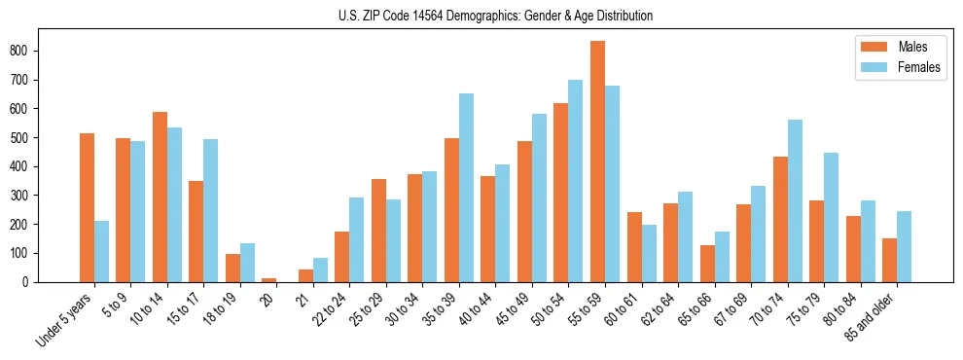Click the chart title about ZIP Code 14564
(x=481, y=16)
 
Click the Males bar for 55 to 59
(x=597, y=162)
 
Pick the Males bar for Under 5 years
(x=87, y=207)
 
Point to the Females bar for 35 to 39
(x=466, y=188)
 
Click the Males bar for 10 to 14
(x=160, y=197)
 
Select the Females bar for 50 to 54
(x=576, y=181)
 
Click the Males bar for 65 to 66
(x=707, y=264)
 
